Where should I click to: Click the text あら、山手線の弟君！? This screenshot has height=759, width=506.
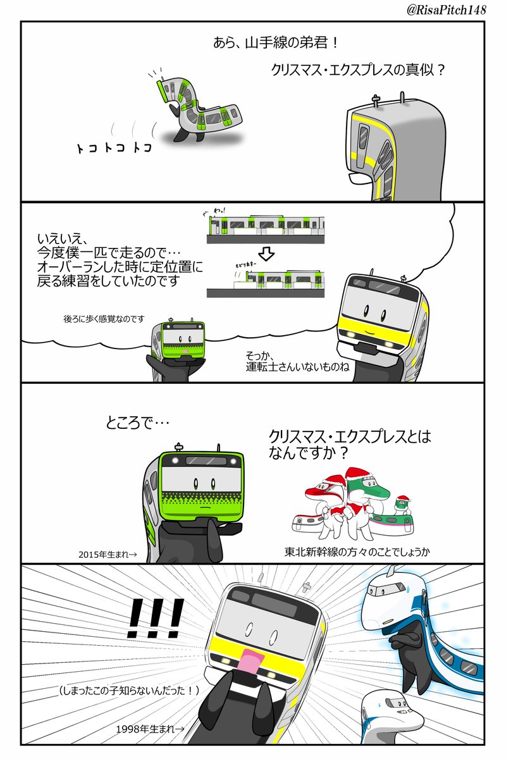pyautogui.click(x=276, y=44)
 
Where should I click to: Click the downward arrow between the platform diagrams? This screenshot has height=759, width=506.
pyautogui.click(x=268, y=254)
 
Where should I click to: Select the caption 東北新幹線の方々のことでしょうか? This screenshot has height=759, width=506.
pyautogui.click(x=357, y=552)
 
